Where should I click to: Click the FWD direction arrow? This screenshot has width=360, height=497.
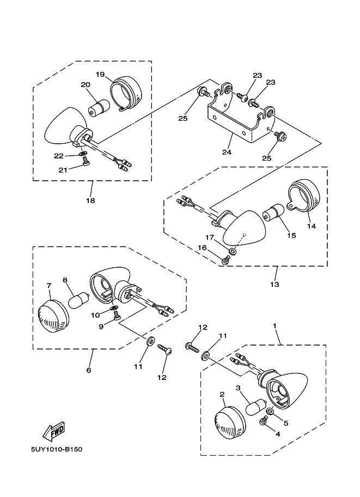54,431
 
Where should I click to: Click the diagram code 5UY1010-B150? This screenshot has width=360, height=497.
57,450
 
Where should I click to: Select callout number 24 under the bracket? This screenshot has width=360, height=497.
227,152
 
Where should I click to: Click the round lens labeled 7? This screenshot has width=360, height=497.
53,316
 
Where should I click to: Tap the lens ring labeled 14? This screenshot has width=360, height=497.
304,196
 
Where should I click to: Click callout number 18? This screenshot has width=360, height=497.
90,200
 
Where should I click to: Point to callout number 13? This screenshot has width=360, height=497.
274,284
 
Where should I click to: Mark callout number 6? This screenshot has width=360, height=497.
89,370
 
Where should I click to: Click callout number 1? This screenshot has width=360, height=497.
274,326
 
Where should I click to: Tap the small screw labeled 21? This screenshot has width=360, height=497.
86,163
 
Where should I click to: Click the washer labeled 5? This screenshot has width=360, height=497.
271,412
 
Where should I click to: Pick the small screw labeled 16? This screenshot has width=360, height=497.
226,260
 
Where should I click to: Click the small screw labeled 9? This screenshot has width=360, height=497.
117,315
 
